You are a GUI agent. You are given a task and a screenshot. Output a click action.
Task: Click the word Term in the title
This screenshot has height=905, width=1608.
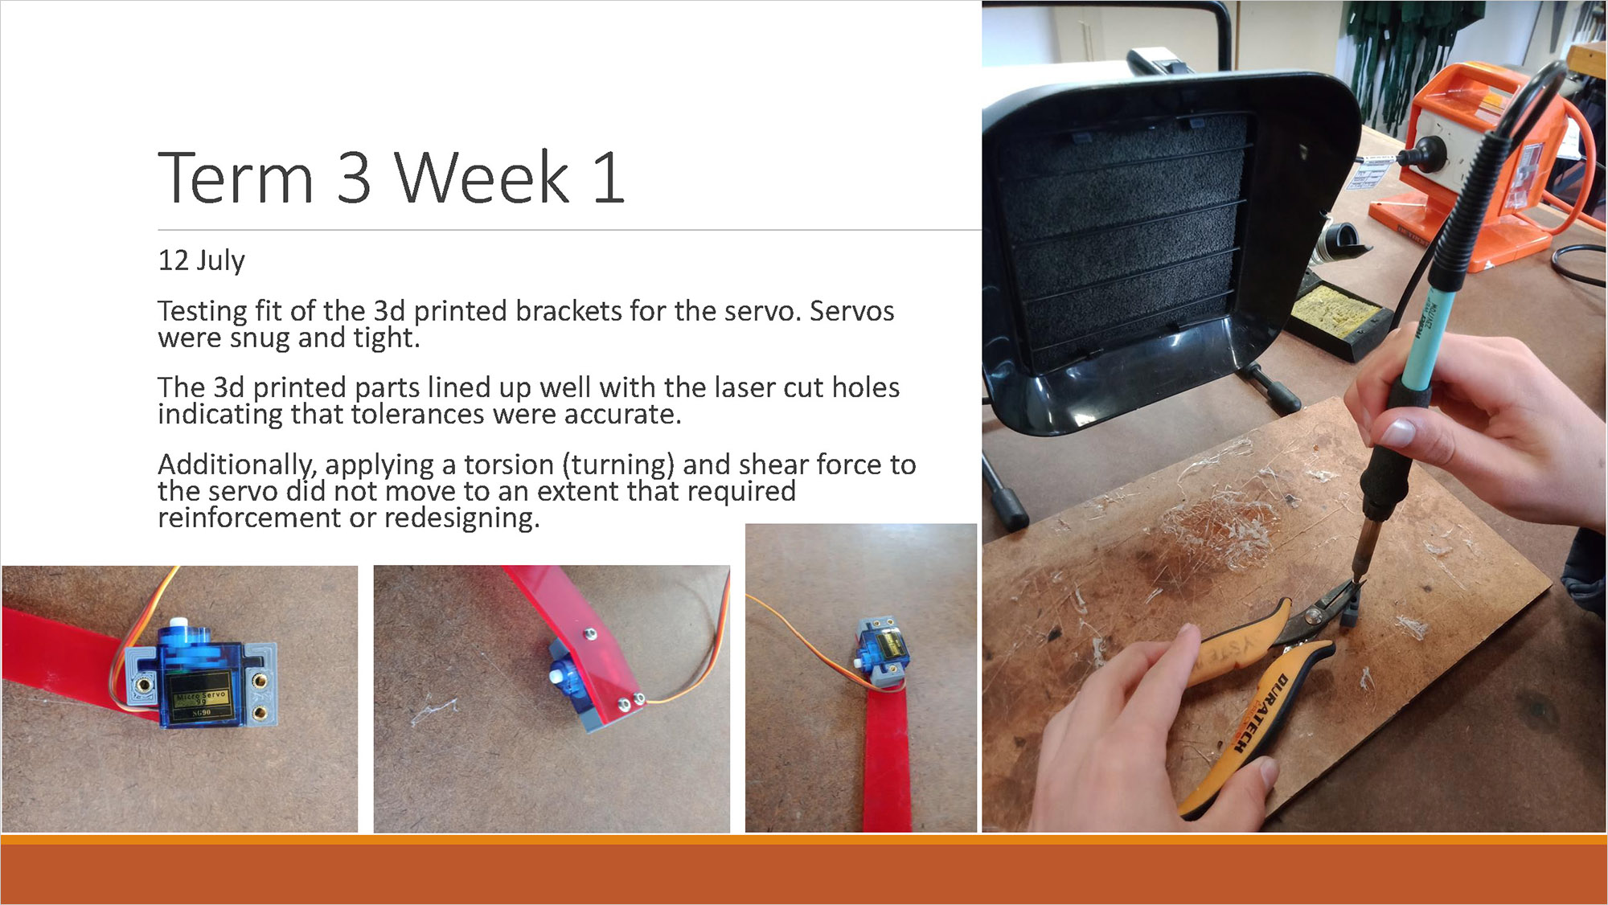tap(236, 178)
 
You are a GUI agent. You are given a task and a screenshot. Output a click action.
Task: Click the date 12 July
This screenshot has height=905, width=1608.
tap(201, 260)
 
